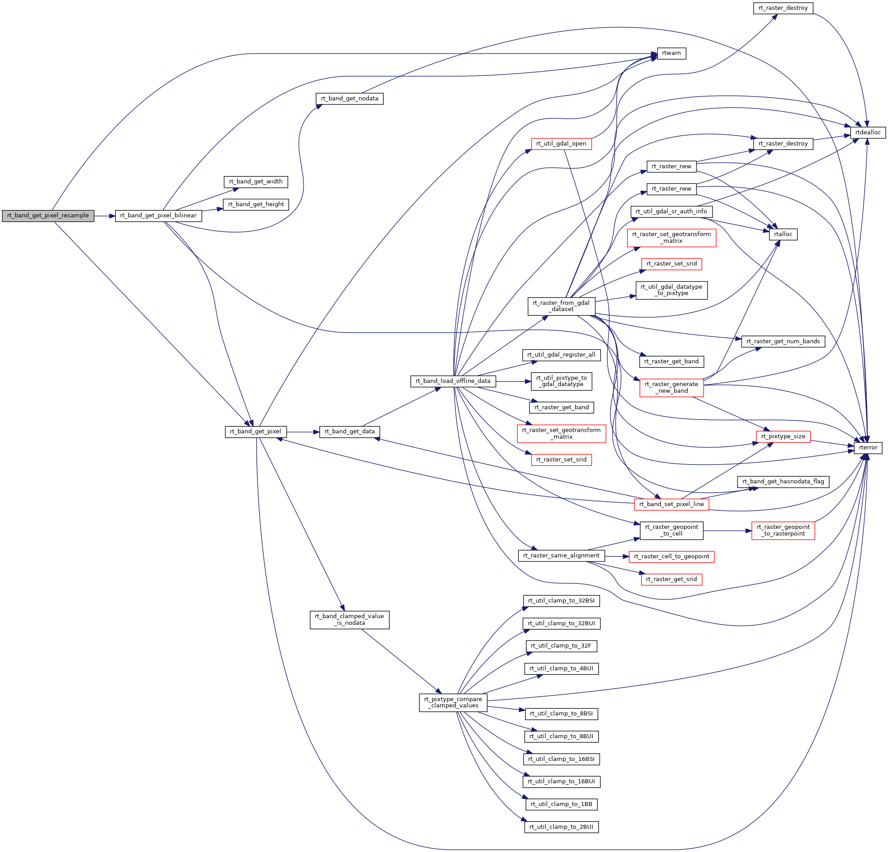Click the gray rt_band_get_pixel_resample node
[x=48, y=216]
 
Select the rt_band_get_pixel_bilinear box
[x=158, y=216]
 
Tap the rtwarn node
[x=671, y=54]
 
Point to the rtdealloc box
[x=867, y=133]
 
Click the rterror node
[x=867, y=448]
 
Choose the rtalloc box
[x=783, y=235]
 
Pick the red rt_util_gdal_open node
[x=561, y=144]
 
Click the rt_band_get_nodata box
[x=349, y=99]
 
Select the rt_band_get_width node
[x=255, y=182]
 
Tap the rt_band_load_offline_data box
[x=453, y=382]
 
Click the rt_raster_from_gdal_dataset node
[x=561, y=306]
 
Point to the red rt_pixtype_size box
[x=783, y=436]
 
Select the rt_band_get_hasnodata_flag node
[x=783, y=482]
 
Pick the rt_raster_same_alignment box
[x=561, y=556]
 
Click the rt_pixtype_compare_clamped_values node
[x=453, y=702]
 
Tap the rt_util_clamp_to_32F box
[x=561, y=646]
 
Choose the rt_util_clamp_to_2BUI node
[x=561, y=827]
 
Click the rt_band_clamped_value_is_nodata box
[x=349, y=619]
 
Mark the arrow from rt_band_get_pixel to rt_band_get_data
[x=303, y=432]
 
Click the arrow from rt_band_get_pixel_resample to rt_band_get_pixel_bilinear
[x=104, y=216]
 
